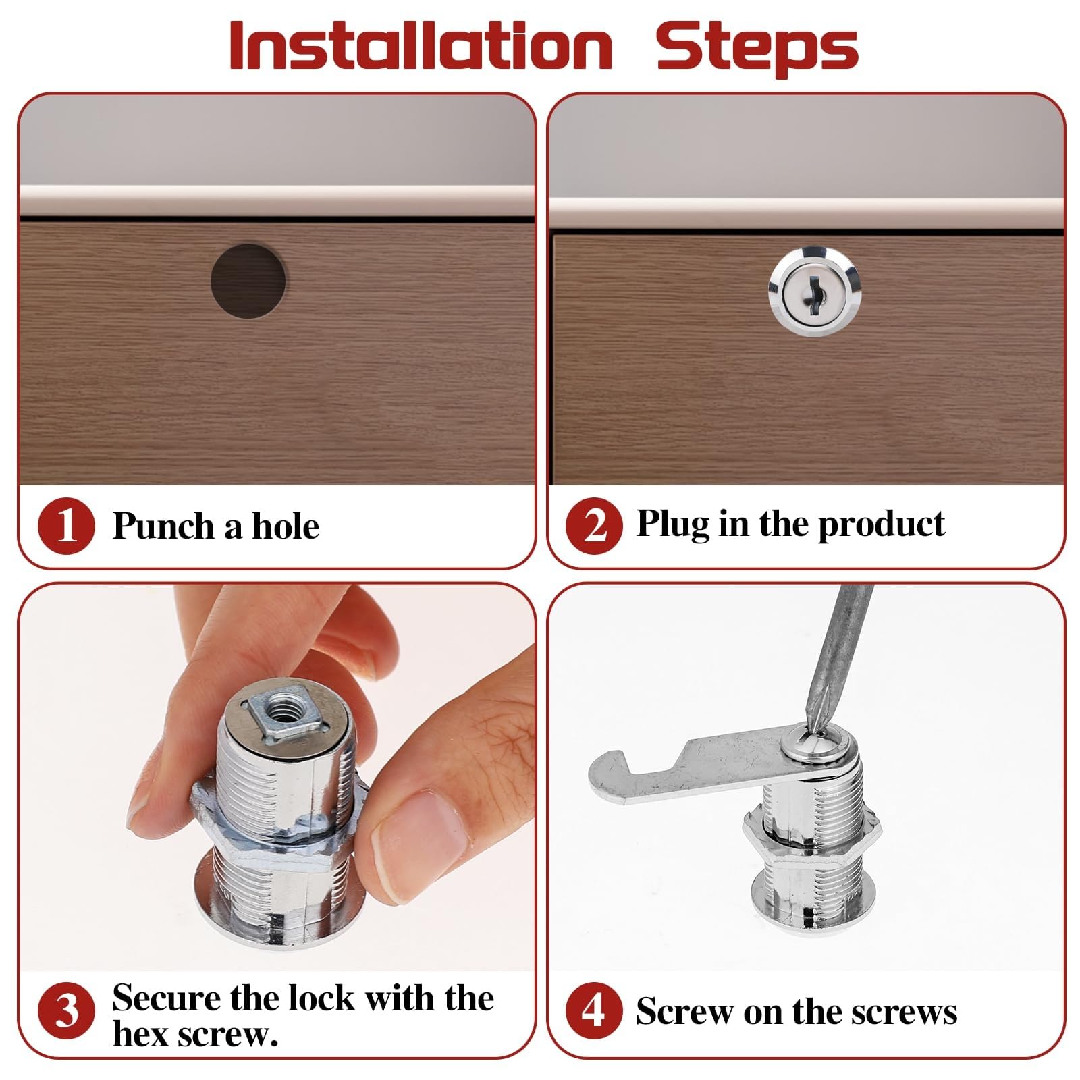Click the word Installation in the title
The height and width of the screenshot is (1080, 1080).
click(421, 46)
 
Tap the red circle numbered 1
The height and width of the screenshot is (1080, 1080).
click(66, 526)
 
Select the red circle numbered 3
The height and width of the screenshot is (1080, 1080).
click(66, 1011)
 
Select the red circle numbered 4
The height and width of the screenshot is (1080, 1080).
click(593, 1010)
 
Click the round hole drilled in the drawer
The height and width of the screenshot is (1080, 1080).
click(248, 281)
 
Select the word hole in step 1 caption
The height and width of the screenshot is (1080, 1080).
click(286, 526)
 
